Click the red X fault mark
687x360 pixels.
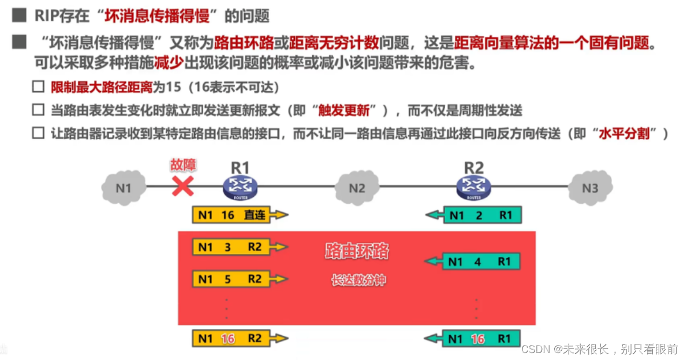pos(183,186)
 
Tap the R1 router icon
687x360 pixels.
pos(240,186)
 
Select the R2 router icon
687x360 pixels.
pos(473,186)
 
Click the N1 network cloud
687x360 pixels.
pos(124,187)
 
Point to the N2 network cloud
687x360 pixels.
pos(357,187)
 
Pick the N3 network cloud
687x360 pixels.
pos(589,187)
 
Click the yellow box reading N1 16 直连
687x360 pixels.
pos(233,215)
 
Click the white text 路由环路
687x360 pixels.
pos(357,251)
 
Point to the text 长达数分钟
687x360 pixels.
pos(358,281)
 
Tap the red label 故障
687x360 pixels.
pos(182,165)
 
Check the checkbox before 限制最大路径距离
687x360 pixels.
pos(38,87)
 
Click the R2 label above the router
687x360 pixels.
pos(473,168)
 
